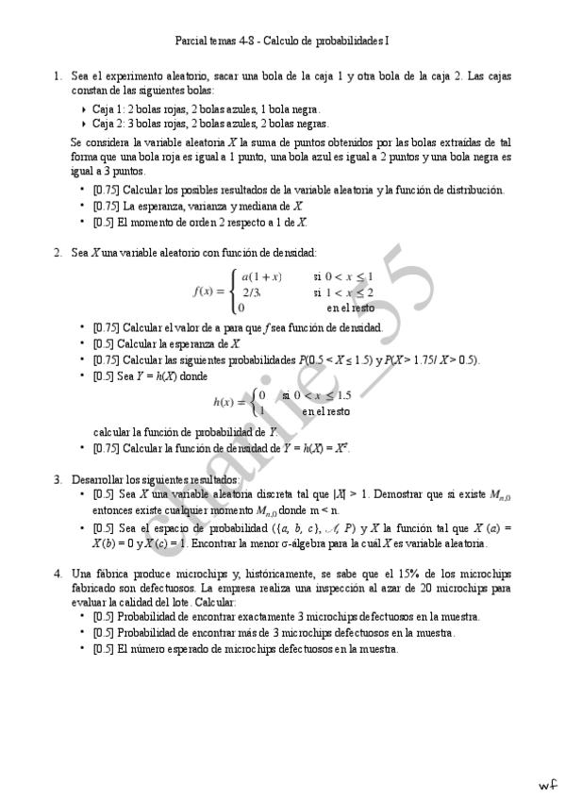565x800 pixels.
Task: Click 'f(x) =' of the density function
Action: (209, 292)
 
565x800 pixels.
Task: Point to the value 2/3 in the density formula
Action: (252, 292)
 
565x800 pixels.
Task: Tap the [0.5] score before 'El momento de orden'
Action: (104, 222)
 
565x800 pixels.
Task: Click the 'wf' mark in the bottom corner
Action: (547, 784)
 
